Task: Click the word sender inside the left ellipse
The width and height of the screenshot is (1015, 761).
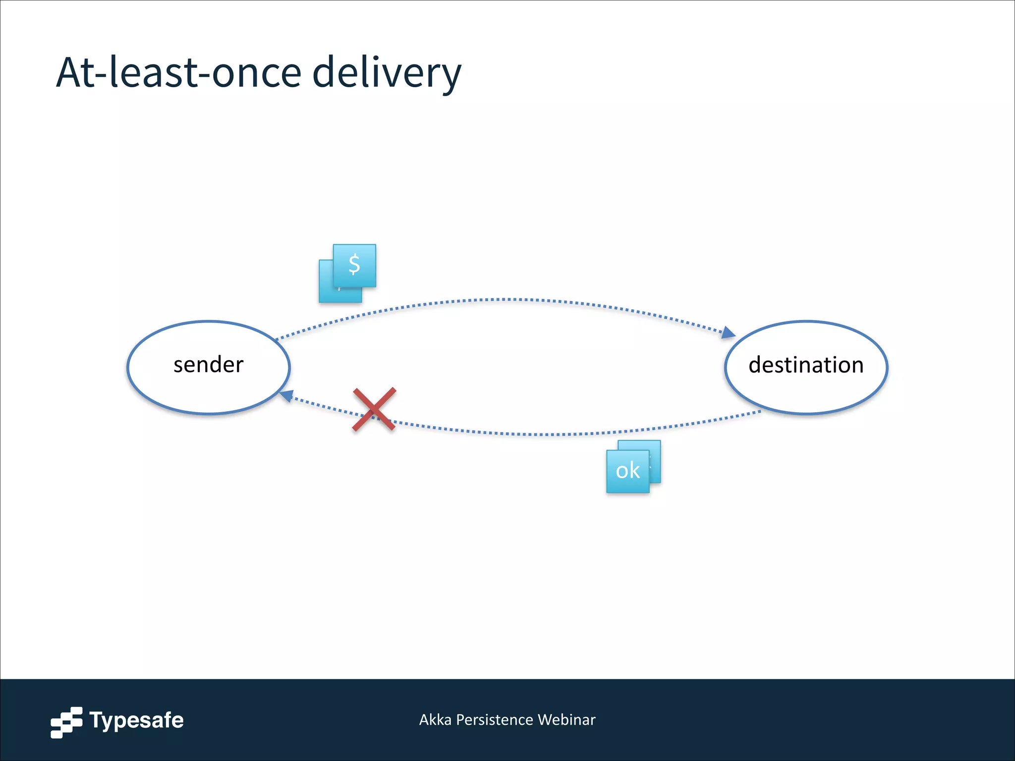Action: (x=208, y=365)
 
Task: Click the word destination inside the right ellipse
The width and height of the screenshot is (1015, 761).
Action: (x=806, y=365)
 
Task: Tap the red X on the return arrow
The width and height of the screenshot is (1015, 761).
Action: (x=374, y=409)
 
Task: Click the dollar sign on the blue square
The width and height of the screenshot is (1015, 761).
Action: (x=354, y=265)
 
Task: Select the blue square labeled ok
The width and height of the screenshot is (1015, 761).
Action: (x=627, y=471)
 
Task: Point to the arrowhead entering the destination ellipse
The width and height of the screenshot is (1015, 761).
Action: (x=729, y=332)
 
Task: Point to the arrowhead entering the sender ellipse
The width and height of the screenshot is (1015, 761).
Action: (x=286, y=396)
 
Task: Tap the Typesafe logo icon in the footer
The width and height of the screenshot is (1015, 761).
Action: (x=66, y=722)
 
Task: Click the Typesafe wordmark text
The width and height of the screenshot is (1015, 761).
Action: (x=136, y=720)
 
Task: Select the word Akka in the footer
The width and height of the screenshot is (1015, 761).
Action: (x=435, y=719)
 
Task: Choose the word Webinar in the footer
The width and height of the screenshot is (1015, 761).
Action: (x=566, y=719)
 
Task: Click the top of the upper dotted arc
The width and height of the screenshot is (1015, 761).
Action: (x=506, y=299)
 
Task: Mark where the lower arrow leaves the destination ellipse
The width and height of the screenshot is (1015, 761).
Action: (x=760, y=411)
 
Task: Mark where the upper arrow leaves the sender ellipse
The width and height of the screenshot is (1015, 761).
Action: (x=276, y=339)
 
